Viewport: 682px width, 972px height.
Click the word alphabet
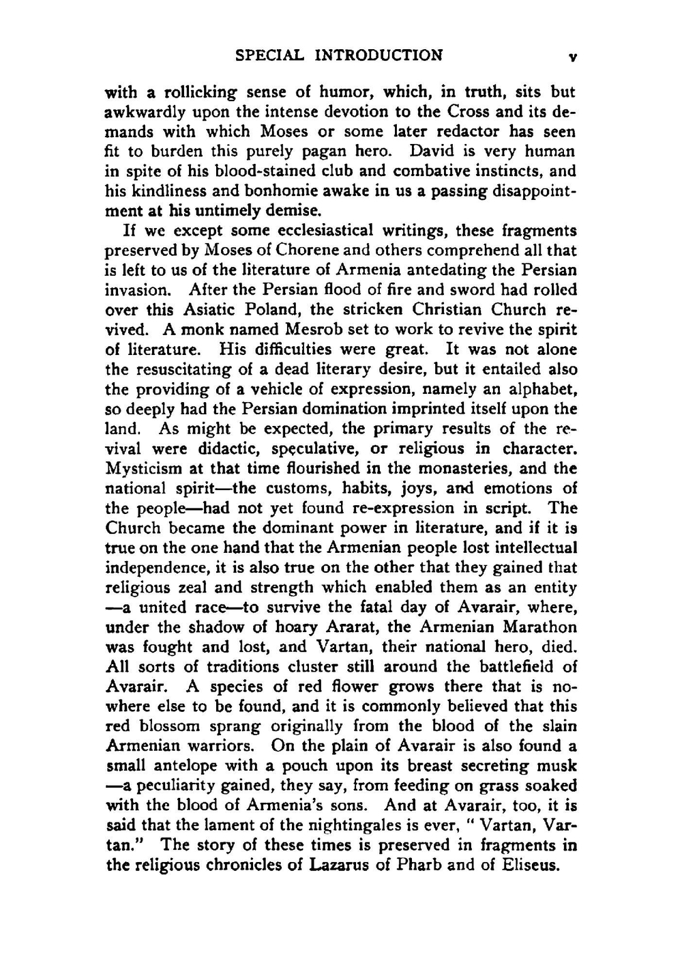[539, 389]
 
